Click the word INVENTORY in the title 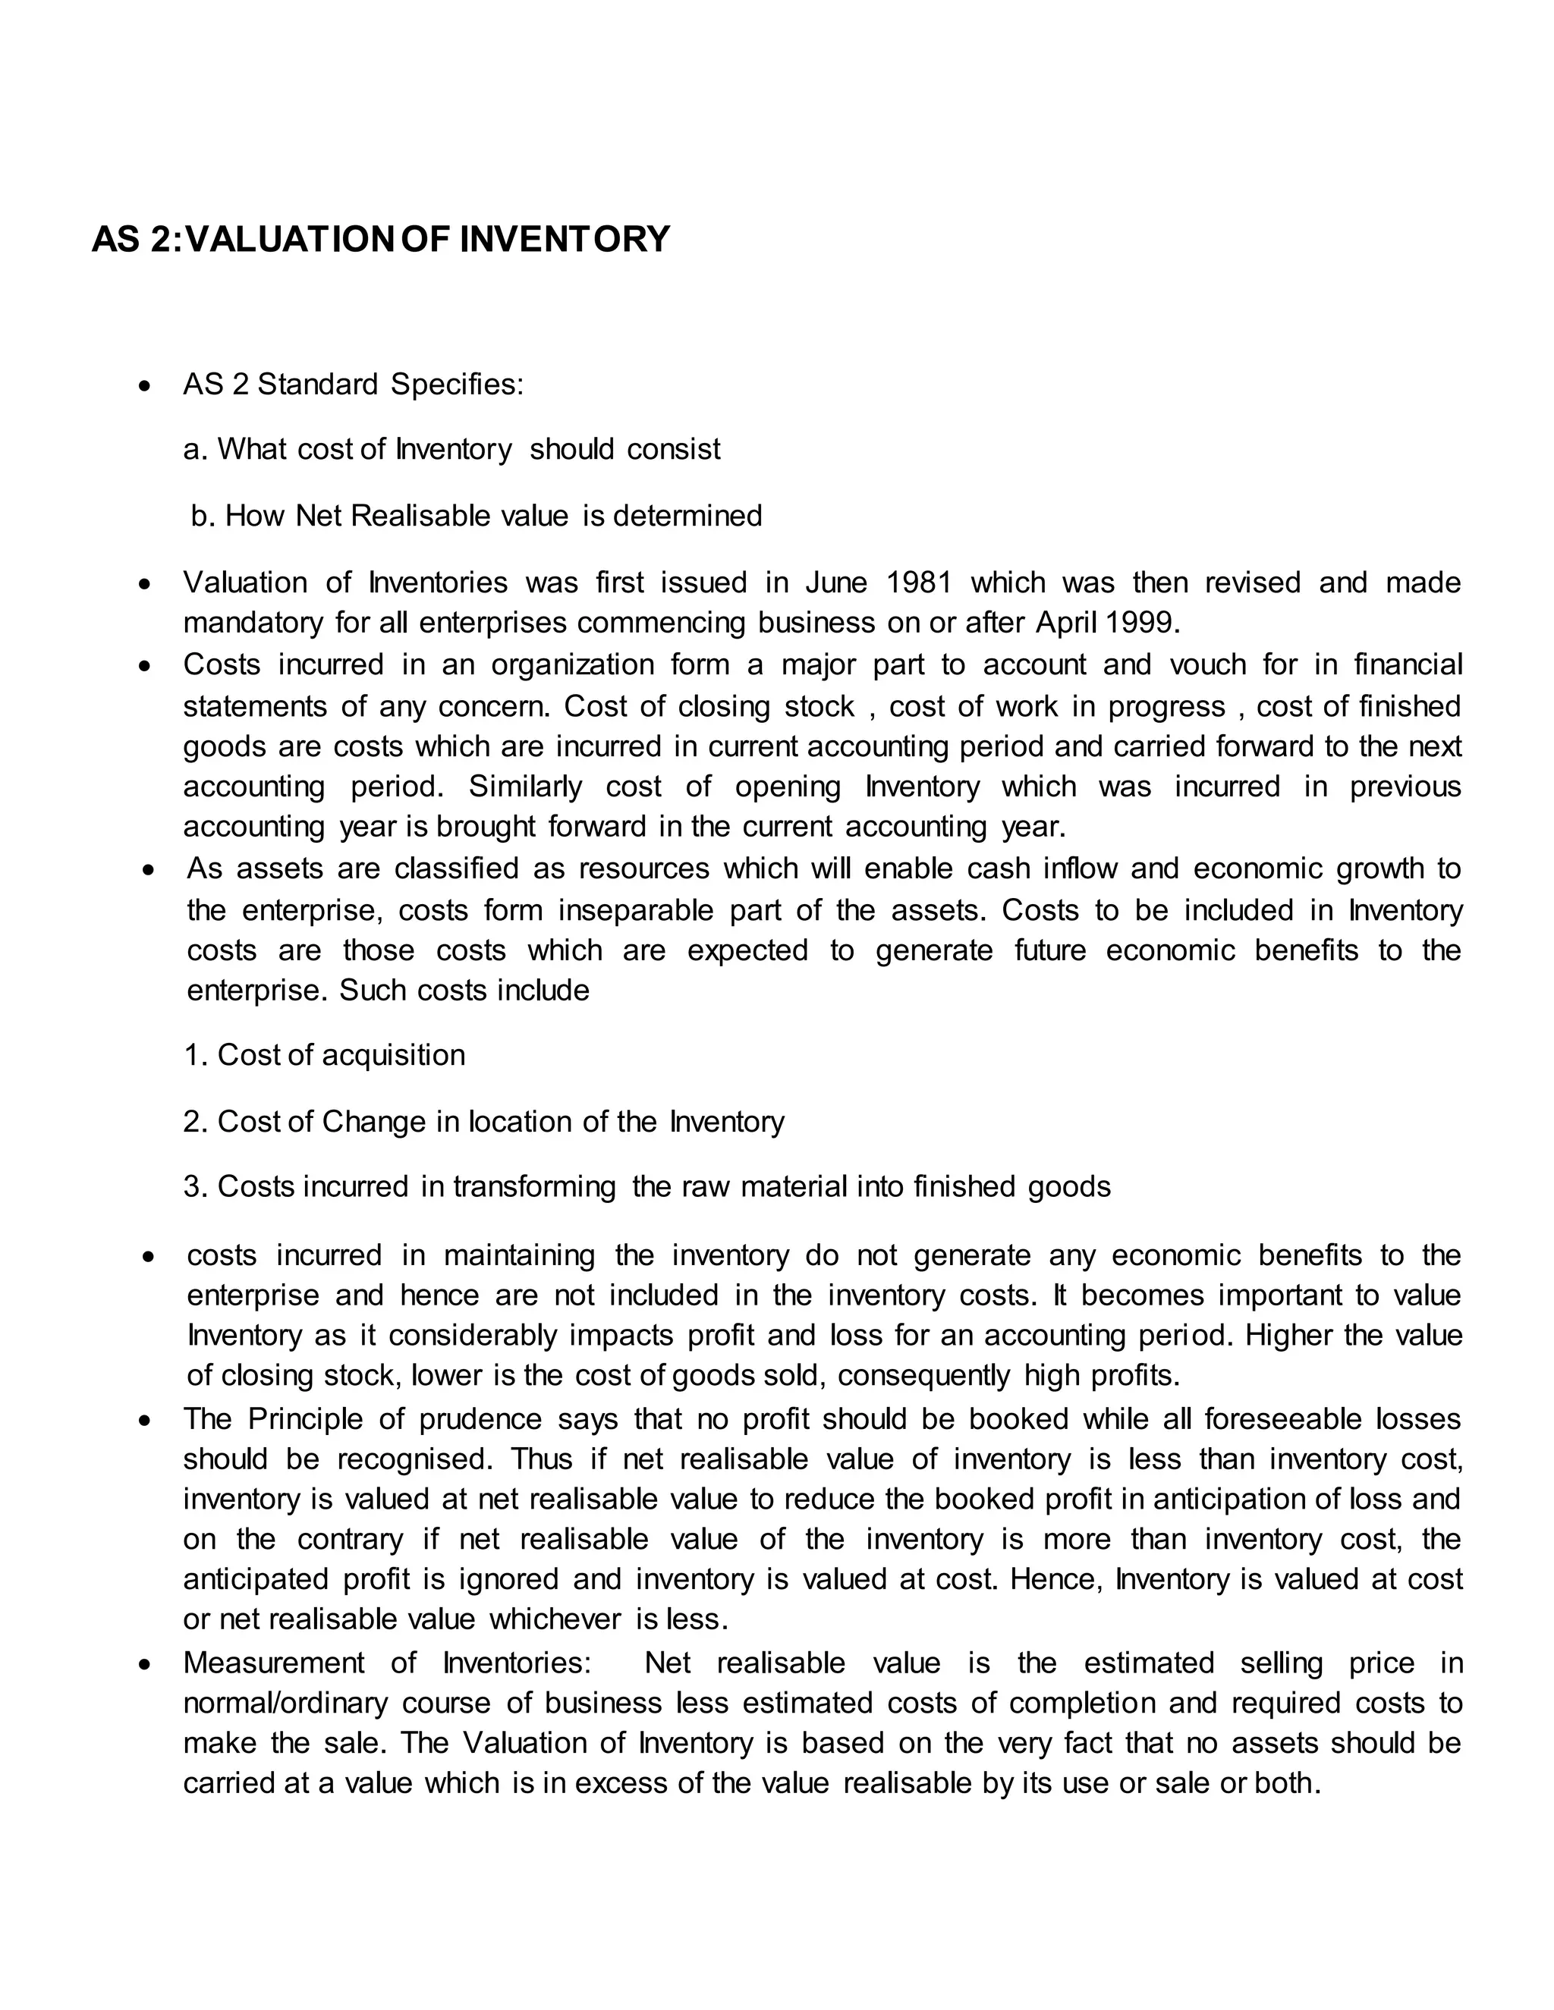[x=564, y=239]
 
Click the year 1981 [x=919, y=583]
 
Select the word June [x=836, y=583]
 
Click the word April [x=1067, y=623]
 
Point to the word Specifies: [x=457, y=384]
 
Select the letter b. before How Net [x=203, y=515]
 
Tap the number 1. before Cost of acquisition [x=195, y=1055]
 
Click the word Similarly [x=525, y=786]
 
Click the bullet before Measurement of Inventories [x=144, y=1664]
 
